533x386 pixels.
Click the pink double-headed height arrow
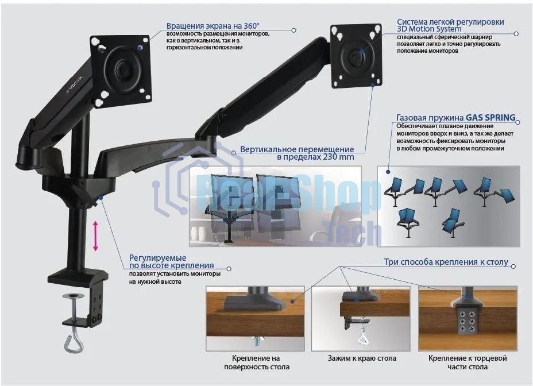pos(95,236)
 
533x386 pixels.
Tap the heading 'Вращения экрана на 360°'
pos(213,26)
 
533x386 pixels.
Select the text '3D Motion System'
pos(429,29)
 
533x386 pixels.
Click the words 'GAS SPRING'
pos(490,117)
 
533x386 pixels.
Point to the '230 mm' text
pos(335,157)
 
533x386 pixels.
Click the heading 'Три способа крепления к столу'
pos(446,262)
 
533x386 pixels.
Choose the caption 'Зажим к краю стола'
pos(362,358)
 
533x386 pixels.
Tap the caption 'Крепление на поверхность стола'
pos(256,362)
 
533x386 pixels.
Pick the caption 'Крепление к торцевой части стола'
pos(468,362)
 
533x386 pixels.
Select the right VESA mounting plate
pos(357,56)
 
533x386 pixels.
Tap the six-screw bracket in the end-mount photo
pos(468,321)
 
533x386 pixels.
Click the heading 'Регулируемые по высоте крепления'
pos(171,261)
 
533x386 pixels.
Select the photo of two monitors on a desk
pos(275,206)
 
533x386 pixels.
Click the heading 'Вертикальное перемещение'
pos(297,149)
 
